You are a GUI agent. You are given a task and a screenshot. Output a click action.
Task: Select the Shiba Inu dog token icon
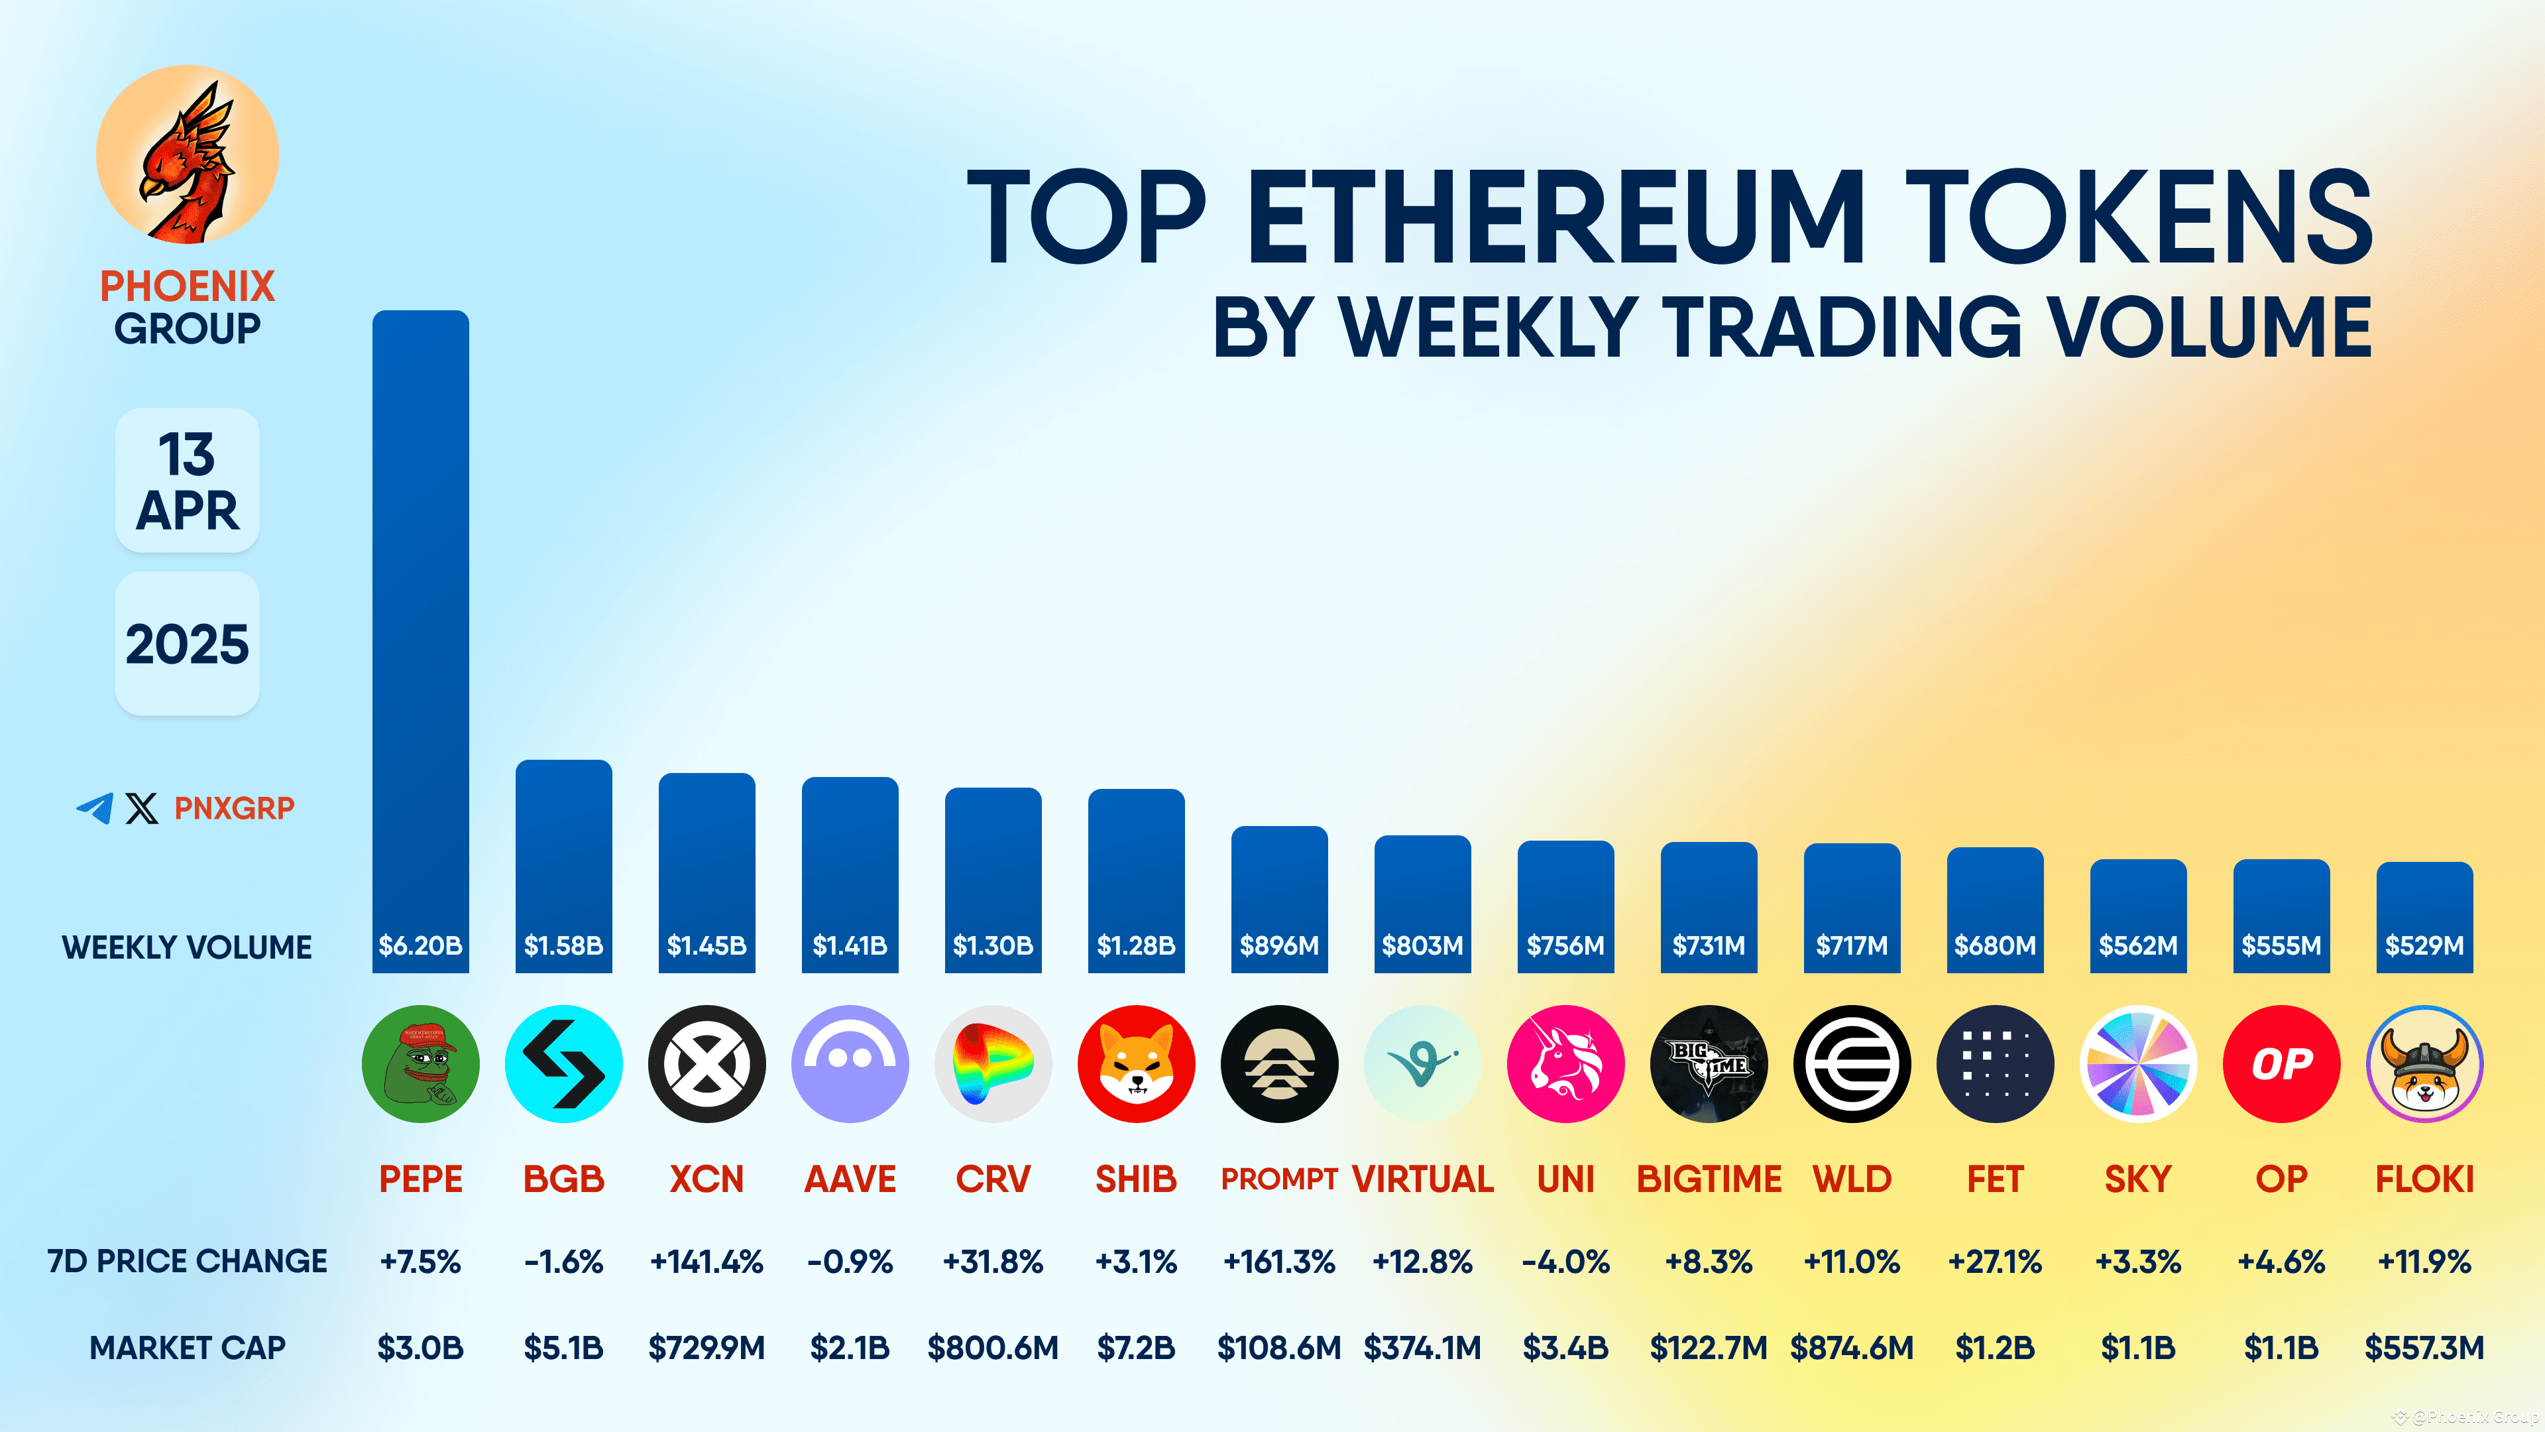point(1136,1064)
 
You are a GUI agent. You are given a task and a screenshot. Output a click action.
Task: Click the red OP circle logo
point(2281,1064)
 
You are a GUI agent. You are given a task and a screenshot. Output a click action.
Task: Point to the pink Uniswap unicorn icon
point(1565,1064)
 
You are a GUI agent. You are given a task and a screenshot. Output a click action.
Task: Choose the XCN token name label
point(707,1179)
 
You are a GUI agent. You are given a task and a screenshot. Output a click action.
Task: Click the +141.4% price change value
point(707,1262)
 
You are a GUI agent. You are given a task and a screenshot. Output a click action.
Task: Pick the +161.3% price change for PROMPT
point(1278,1262)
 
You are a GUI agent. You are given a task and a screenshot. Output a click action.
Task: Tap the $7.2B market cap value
point(1136,1348)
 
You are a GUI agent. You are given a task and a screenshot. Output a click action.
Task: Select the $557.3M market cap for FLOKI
point(2424,1348)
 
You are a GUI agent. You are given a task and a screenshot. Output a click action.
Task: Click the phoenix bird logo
point(188,156)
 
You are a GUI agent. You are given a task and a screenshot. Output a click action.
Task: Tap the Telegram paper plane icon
point(95,808)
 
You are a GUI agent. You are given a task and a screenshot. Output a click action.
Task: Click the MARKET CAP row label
point(188,1348)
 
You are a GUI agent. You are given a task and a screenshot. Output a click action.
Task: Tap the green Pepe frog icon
point(420,1064)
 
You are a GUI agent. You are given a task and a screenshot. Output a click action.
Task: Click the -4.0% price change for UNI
point(1565,1262)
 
